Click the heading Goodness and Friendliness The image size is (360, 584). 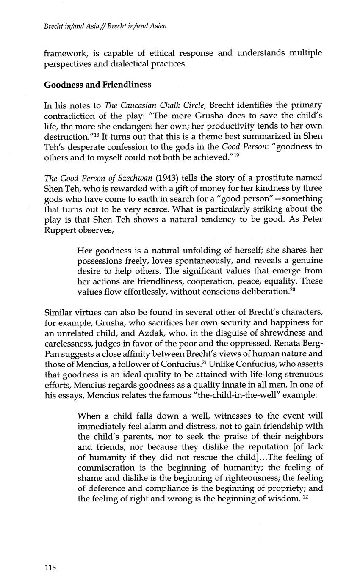pyautogui.click(x=97, y=85)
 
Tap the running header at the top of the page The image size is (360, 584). pyautogui.click(x=105, y=26)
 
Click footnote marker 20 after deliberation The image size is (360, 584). pyautogui.click(x=291, y=289)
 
